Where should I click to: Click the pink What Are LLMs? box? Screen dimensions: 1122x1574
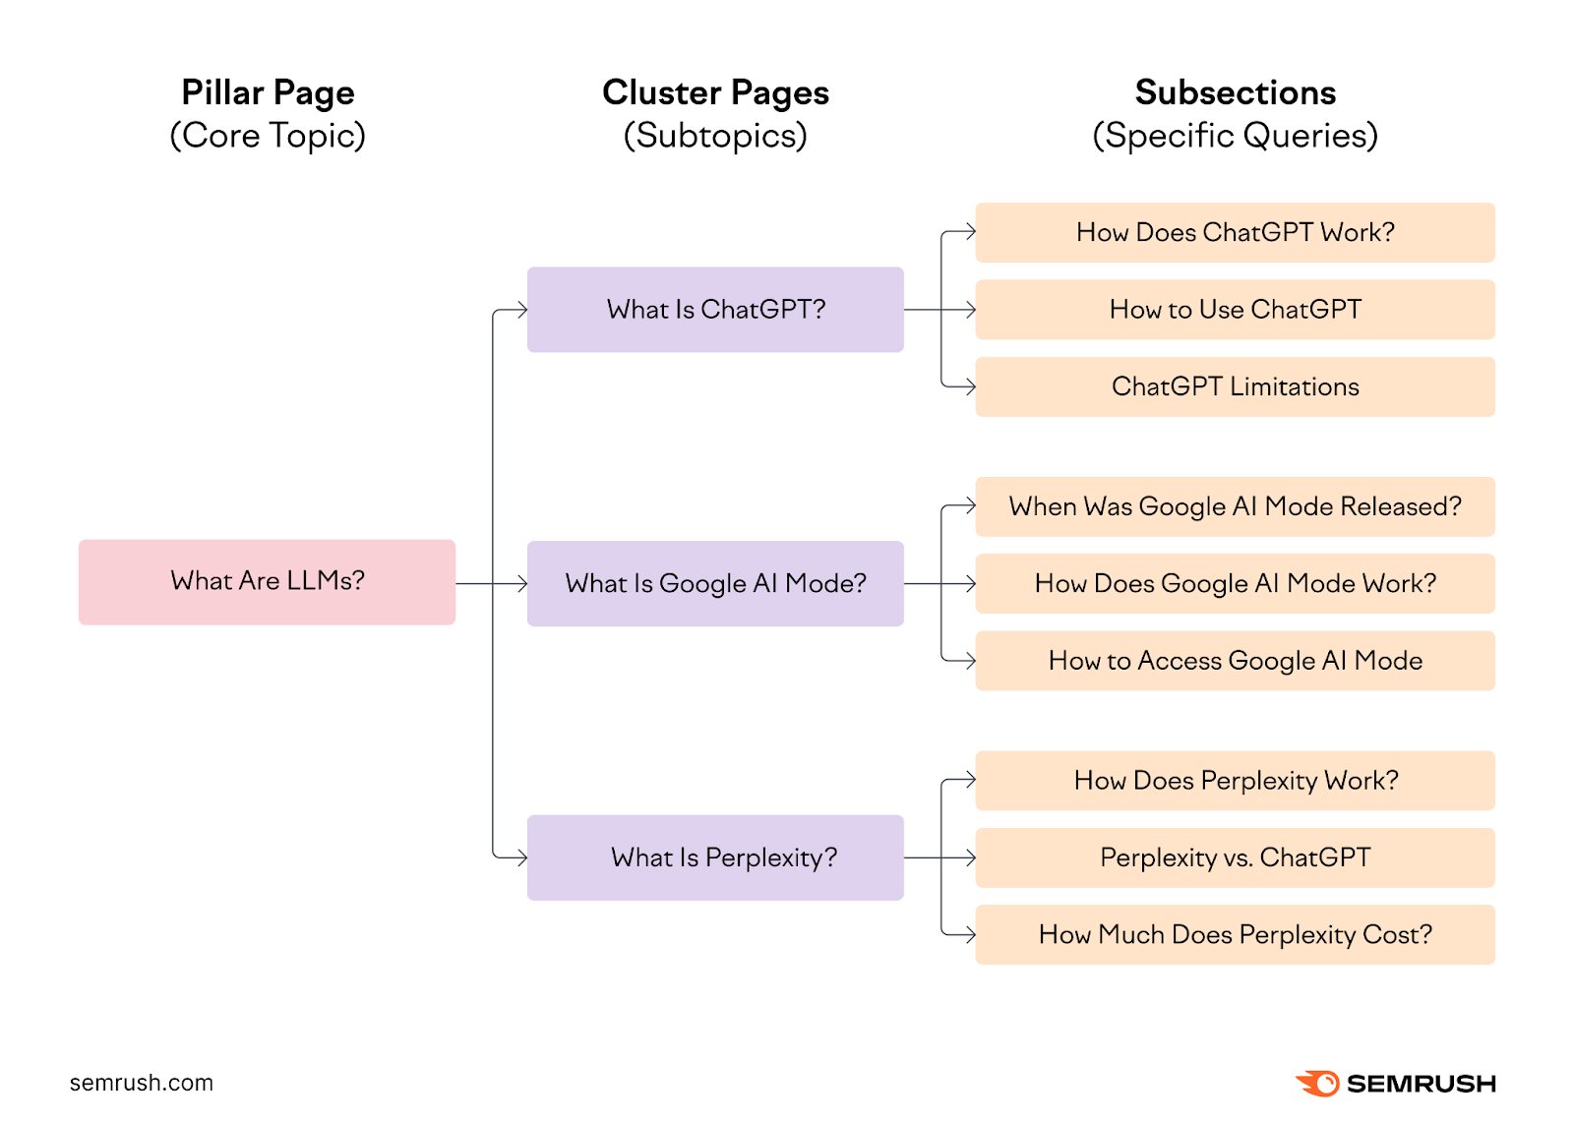(267, 581)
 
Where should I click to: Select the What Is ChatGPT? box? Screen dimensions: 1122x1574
(715, 310)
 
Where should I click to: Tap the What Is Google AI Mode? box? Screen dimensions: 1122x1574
(715, 583)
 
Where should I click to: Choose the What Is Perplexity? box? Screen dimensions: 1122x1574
(715, 857)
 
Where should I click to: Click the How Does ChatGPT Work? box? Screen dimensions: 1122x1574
(1235, 233)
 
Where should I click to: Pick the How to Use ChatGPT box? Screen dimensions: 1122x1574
(1235, 310)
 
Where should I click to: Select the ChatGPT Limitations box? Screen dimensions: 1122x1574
(1235, 386)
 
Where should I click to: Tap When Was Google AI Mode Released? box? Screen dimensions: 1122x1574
(1235, 506)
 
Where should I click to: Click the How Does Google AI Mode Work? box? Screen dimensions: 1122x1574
(1235, 583)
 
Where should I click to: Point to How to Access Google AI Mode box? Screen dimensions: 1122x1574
(1235, 661)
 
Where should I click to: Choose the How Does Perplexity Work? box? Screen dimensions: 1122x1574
(1235, 781)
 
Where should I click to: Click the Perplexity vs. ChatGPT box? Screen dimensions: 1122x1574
(1235, 857)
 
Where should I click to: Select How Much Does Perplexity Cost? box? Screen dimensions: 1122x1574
(1235, 934)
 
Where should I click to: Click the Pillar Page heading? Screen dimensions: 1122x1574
(268, 92)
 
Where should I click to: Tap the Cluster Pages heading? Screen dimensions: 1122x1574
(715, 92)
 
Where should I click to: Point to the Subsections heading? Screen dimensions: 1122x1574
(1235, 92)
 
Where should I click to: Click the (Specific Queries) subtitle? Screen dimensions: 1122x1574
(1235, 136)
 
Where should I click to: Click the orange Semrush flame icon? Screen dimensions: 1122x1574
(1318, 1083)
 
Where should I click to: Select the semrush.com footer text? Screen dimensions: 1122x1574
(141, 1083)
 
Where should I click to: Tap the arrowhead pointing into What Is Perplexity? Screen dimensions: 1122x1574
(521, 857)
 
